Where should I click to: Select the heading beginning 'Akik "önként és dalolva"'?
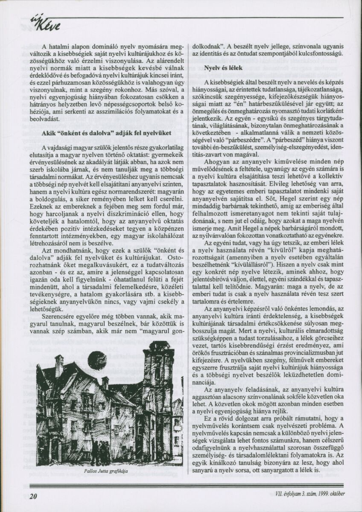(107, 133)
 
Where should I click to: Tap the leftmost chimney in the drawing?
(59, 366)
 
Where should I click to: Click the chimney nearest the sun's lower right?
(105, 382)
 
